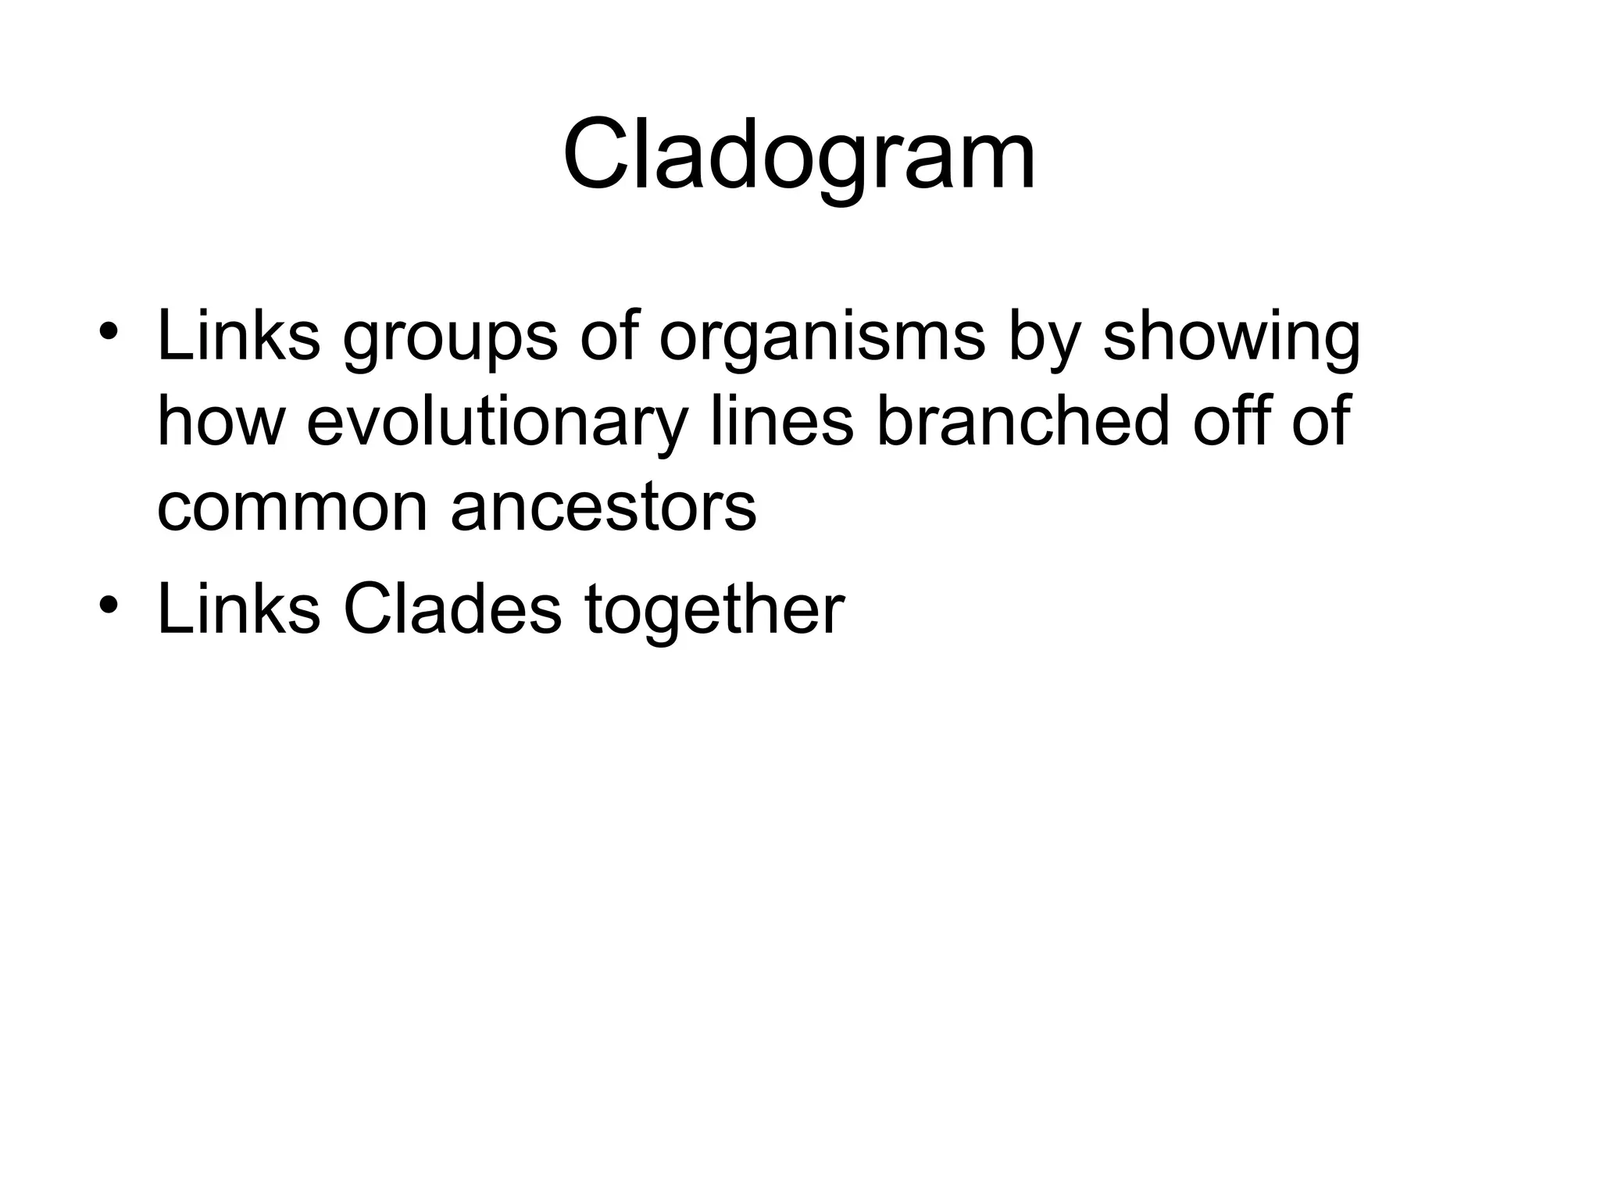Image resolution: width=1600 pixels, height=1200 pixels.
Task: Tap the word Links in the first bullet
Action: [x=238, y=336]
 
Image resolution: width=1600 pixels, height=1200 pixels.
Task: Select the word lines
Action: [x=781, y=422]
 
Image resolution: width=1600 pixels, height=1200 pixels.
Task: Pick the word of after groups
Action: [x=609, y=336]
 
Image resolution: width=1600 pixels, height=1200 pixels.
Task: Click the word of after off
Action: [x=1321, y=420]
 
